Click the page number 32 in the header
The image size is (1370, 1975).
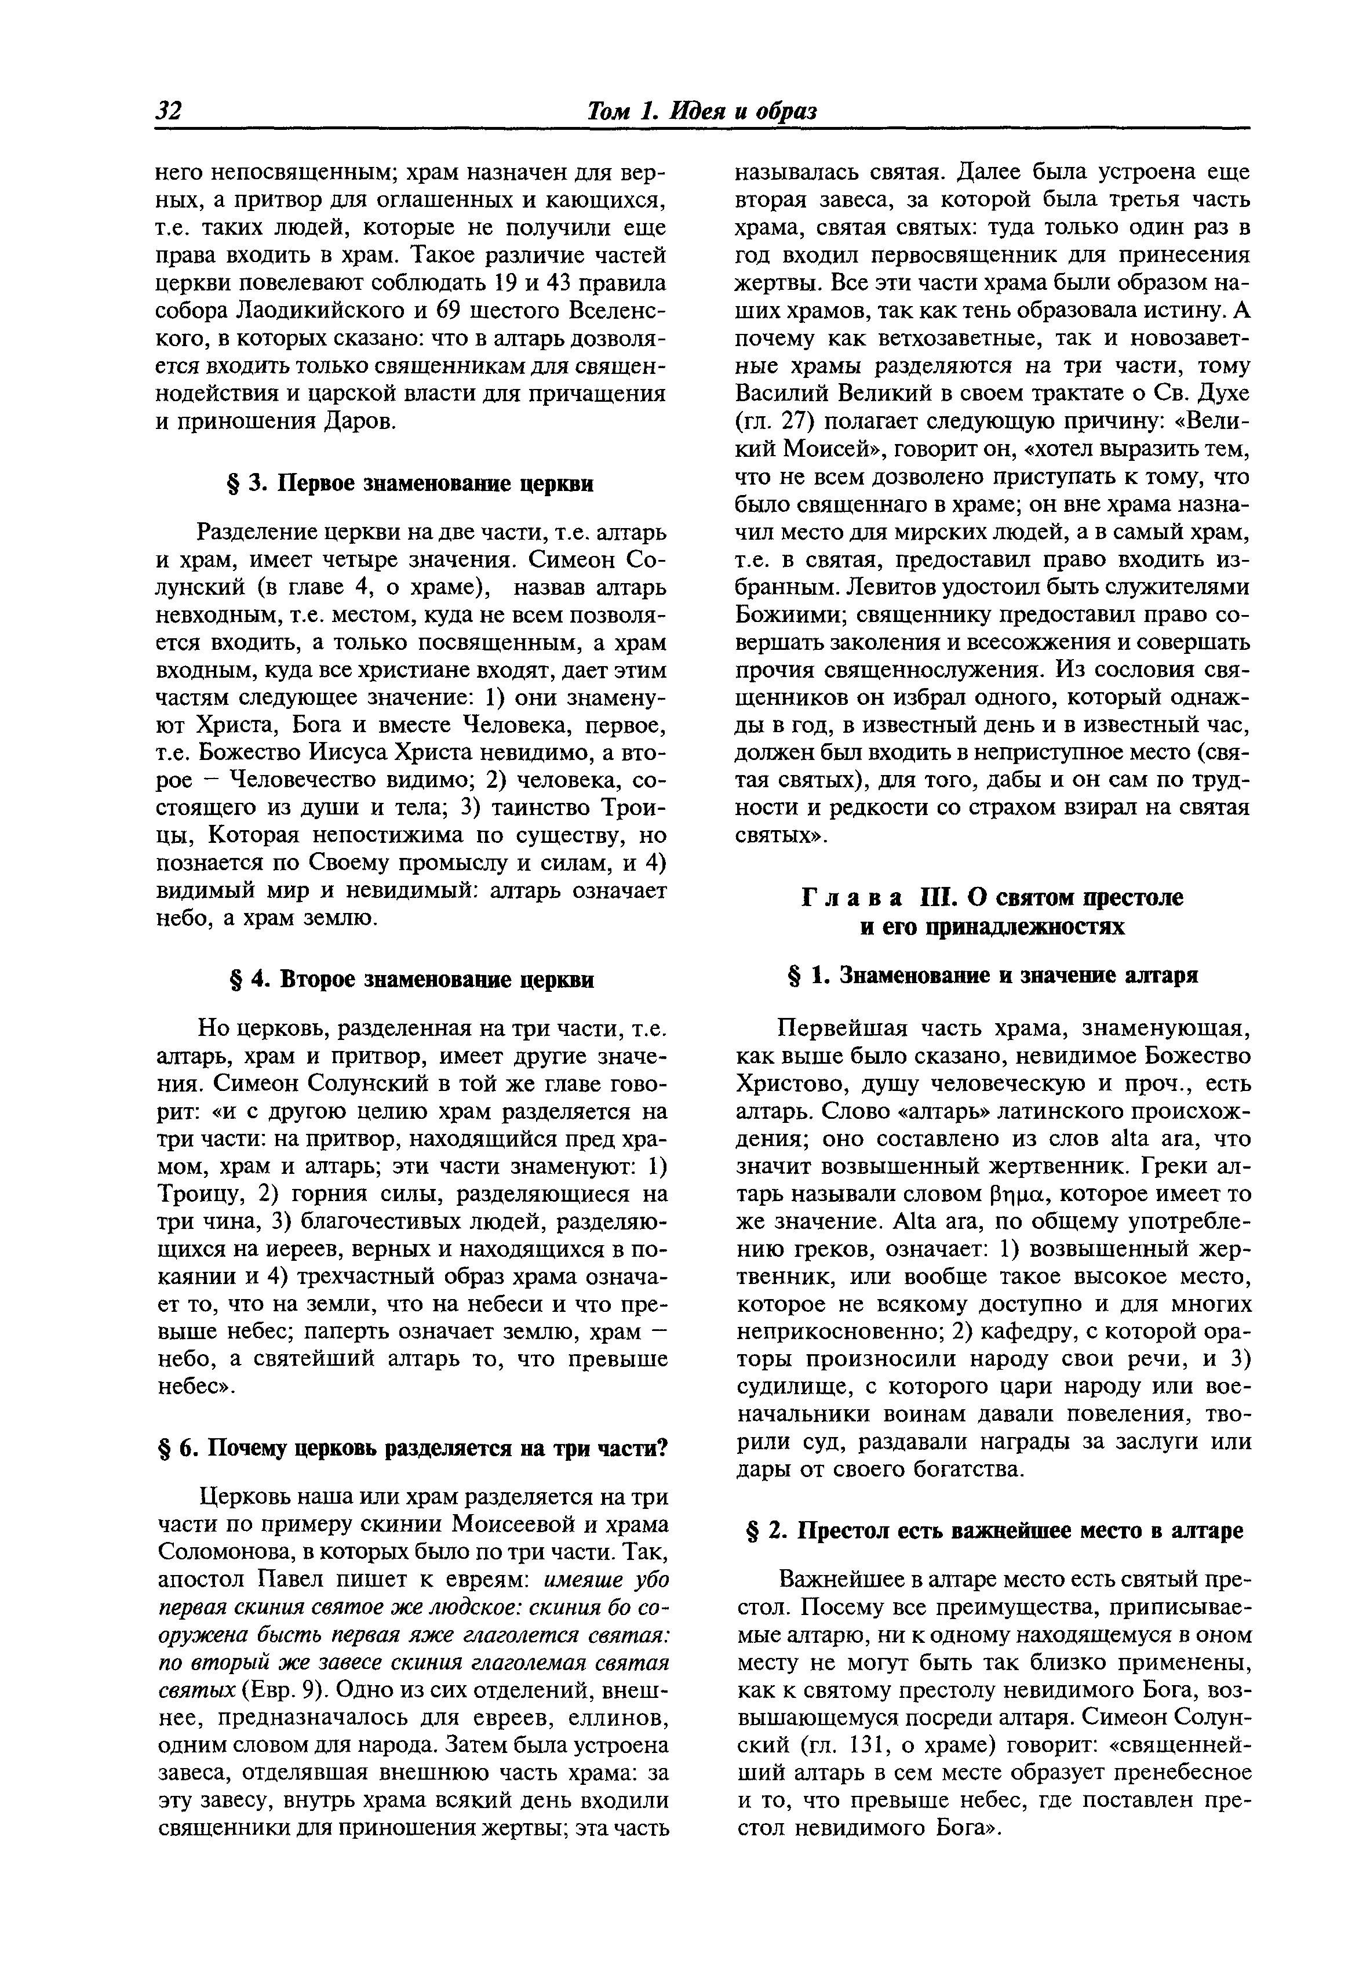tap(167, 111)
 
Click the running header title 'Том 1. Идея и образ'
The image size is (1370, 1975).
tap(701, 111)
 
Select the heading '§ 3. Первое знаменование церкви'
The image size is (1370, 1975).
tap(410, 483)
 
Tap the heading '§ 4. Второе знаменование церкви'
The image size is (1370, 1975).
tap(410, 980)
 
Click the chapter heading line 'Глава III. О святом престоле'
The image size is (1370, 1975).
tap(992, 897)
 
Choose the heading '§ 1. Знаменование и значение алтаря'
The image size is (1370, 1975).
tap(992, 976)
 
